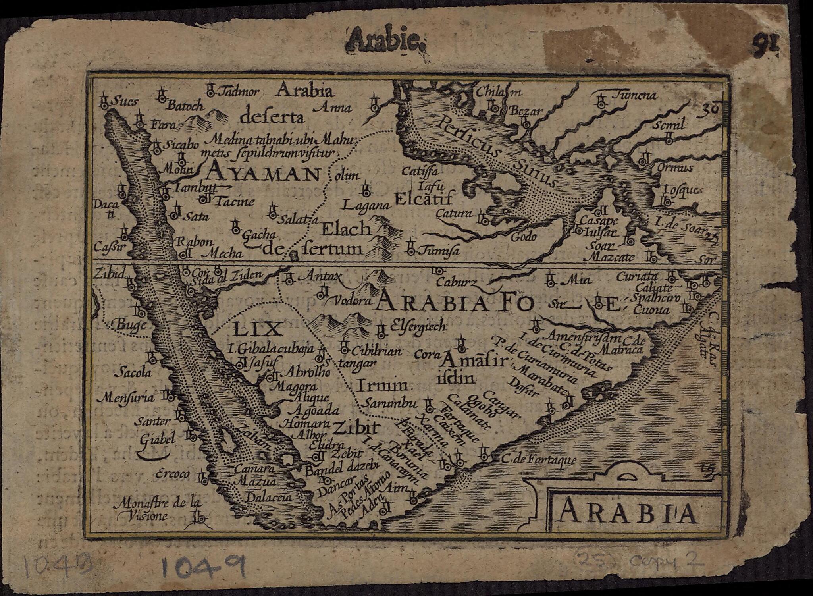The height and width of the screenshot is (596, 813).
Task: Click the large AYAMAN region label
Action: (263, 174)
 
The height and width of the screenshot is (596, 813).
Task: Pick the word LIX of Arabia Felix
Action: (256, 329)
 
